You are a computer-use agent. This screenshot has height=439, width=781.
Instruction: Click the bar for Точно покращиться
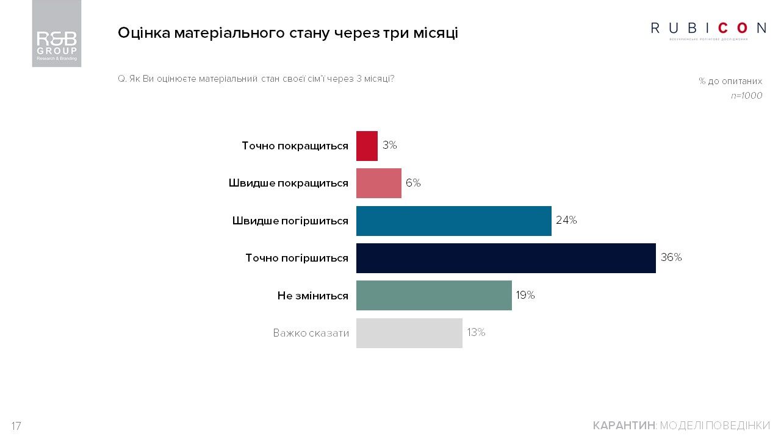click(367, 146)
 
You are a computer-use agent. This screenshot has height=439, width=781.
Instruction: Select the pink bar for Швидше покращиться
click(378, 183)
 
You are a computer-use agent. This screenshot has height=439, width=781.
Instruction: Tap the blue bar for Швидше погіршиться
click(453, 221)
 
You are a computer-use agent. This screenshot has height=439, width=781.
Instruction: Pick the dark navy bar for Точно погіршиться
click(506, 258)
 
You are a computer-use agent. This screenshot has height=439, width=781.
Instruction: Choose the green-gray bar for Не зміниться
click(434, 295)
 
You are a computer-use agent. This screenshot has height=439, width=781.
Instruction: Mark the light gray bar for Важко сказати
click(409, 333)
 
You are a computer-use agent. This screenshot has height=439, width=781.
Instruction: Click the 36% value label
click(671, 257)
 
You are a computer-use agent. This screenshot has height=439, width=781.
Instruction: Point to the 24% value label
click(566, 220)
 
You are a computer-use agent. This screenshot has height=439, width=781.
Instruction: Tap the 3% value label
click(390, 145)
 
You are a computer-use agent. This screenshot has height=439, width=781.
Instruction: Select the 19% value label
click(525, 295)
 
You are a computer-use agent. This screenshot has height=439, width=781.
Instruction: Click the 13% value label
click(476, 332)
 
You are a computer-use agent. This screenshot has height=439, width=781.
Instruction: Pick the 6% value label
click(413, 183)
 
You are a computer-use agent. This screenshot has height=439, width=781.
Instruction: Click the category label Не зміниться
click(312, 296)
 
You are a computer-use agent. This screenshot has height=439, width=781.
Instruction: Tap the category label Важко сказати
click(311, 333)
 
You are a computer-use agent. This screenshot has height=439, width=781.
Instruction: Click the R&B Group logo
click(57, 34)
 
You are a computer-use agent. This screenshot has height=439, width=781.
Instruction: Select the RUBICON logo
click(708, 29)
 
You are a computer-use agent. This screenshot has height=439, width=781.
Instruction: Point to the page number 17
click(16, 426)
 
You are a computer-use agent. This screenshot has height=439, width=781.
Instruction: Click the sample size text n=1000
click(746, 96)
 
